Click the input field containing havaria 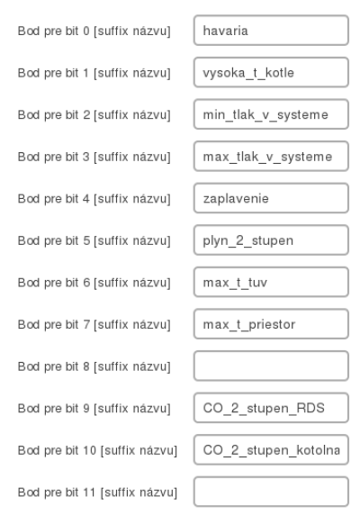click(271, 31)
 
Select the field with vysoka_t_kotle click(271, 72)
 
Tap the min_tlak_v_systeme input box click(271, 114)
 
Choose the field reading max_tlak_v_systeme click(271, 157)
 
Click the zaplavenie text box click(271, 198)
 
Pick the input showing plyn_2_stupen click(271, 240)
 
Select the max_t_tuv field click(271, 282)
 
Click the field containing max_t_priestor click(271, 324)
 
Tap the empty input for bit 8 click(271, 366)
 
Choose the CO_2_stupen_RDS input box click(271, 408)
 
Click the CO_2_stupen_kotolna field click(271, 450)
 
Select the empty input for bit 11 click(271, 492)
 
